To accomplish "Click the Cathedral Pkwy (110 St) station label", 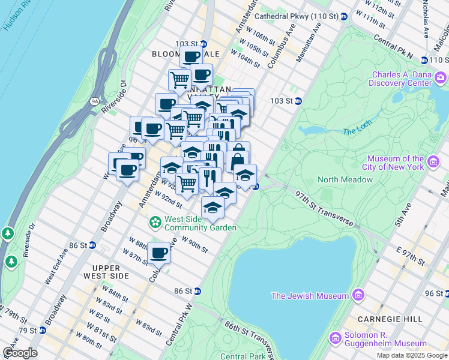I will pyautogui.click(x=297, y=16).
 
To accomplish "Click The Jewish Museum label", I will pyautogui.click(x=310, y=296).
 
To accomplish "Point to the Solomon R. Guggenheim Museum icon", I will pyautogui.click(x=334, y=337).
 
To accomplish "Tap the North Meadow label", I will pyautogui.click(x=345, y=179).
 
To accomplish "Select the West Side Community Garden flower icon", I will pyautogui.click(x=155, y=223).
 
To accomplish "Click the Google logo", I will pyautogui.click(x=20, y=353).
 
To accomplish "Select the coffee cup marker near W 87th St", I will pyautogui.click(x=159, y=253).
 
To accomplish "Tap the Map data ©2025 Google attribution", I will pyautogui.click(x=412, y=355).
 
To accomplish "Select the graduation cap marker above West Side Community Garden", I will pyautogui.click(x=212, y=208).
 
